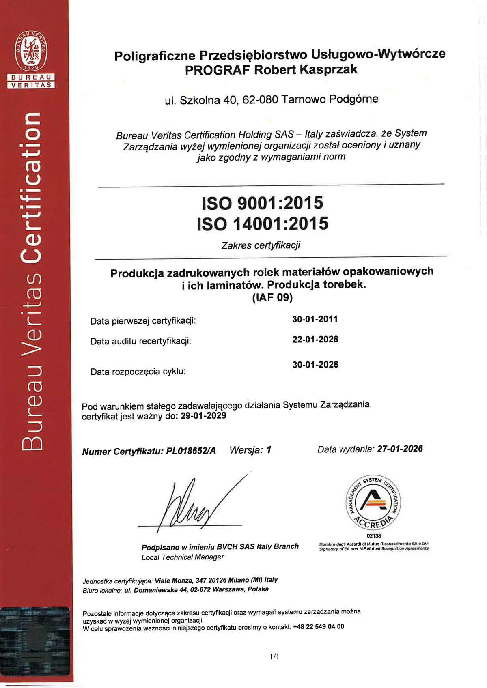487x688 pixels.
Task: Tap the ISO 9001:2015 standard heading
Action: point(263,203)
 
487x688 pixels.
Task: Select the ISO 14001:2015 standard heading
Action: point(263,224)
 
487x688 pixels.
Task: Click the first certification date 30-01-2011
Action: point(315,319)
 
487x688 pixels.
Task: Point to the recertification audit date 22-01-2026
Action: point(315,340)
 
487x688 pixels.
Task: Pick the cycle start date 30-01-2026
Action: point(315,365)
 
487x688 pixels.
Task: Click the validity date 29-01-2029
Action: point(203,416)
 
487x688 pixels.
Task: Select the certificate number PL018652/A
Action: point(191,451)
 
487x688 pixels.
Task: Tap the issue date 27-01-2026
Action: point(400,449)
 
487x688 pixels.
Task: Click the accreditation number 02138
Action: point(373,535)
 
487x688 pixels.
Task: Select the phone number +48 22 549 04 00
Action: point(318,627)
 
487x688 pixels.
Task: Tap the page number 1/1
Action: point(275,656)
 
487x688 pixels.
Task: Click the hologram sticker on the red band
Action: point(35,641)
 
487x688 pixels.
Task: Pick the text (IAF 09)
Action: point(272,298)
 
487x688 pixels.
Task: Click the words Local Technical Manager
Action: point(183,557)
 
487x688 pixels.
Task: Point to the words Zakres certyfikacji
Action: point(261,245)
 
